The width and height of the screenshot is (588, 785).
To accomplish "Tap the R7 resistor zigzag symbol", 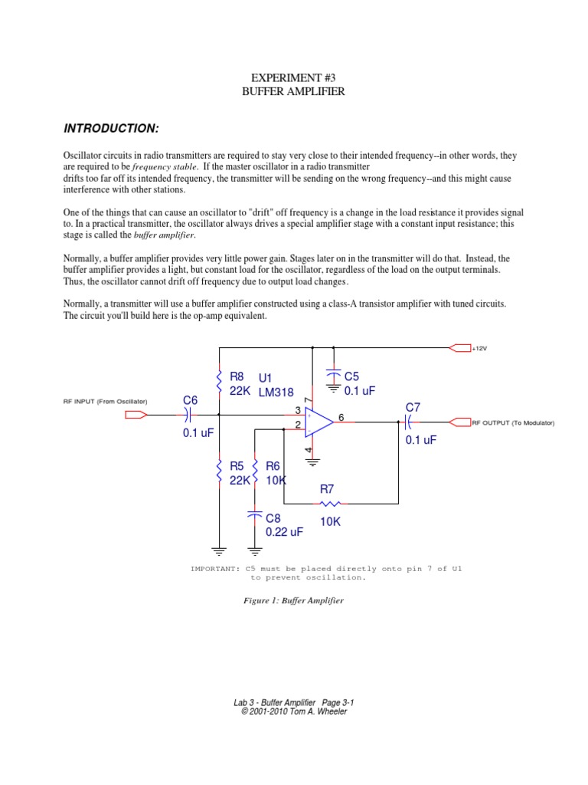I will tap(331, 504).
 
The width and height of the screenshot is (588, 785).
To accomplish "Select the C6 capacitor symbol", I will tap(188, 415).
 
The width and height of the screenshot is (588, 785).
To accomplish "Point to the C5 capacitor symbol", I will tap(334, 377).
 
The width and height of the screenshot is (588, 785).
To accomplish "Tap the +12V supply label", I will tap(480, 348).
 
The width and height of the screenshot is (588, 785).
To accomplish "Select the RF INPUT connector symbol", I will tap(136, 415).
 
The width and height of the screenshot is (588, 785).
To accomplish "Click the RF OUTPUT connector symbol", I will tap(459, 422).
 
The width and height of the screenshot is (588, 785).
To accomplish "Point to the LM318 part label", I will tap(276, 392).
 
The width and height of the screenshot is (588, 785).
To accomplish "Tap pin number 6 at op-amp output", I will tap(341, 416).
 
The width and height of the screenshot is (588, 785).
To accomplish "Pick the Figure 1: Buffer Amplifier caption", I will tap(293, 600).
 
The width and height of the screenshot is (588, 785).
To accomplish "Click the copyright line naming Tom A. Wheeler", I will tap(294, 711).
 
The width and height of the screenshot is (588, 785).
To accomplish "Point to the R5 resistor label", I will tap(237, 466).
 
